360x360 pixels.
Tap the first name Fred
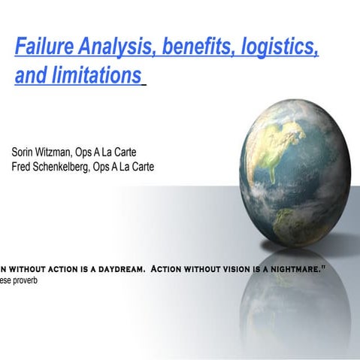coord(23,166)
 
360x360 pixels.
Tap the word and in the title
coord(29,76)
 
